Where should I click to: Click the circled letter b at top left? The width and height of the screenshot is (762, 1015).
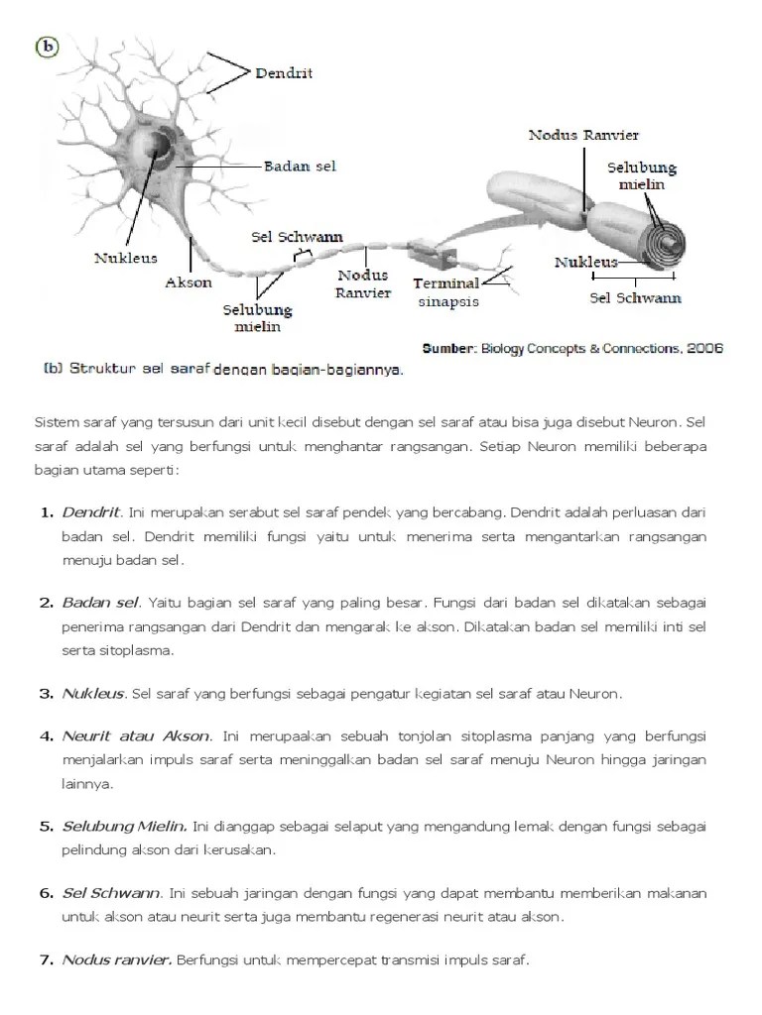(45, 47)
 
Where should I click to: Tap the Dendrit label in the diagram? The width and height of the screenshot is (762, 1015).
(284, 72)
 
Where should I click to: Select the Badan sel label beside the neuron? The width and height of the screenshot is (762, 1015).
(300, 166)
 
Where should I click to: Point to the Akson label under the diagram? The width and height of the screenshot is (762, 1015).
(189, 282)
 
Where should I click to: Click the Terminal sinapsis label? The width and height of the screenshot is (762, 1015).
(446, 292)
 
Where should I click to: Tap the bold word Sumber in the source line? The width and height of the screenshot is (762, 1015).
(449, 348)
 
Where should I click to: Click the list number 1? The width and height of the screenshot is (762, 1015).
(46, 512)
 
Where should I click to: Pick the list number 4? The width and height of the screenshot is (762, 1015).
(46, 736)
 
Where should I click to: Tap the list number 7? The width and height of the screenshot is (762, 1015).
(46, 959)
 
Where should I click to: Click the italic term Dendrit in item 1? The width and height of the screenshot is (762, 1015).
(91, 512)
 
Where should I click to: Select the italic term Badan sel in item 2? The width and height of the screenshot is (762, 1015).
(100, 602)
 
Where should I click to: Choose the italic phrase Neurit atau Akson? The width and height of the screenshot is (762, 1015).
(136, 736)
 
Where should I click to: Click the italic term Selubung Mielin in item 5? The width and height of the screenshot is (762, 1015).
(124, 826)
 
